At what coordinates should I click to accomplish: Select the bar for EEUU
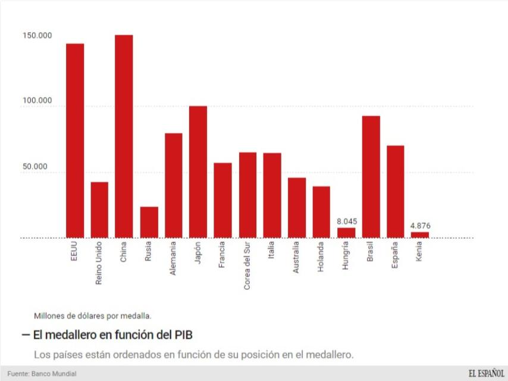tap(75, 140)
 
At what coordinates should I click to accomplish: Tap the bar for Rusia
tap(149, 222)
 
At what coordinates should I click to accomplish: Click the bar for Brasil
tap(371, 176)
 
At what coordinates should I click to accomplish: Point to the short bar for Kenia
tap(419, 235)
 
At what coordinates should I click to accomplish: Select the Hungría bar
tap(346, 232)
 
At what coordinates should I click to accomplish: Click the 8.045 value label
tap(347, 221)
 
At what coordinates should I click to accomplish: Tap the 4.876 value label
tap(420, 226)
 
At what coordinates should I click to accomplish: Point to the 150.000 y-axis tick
tap(37, 36)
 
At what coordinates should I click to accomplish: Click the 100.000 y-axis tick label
tap(37, 101)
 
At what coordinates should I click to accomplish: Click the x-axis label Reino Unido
tap(99, 263)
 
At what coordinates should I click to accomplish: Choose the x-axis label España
tap(396, 255)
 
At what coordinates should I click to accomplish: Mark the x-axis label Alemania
tap(173, 258)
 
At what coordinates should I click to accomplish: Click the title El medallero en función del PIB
tap(112, 335)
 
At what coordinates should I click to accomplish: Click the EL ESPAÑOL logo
tap(486, 373)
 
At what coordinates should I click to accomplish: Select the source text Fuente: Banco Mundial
tap(42, 374)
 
